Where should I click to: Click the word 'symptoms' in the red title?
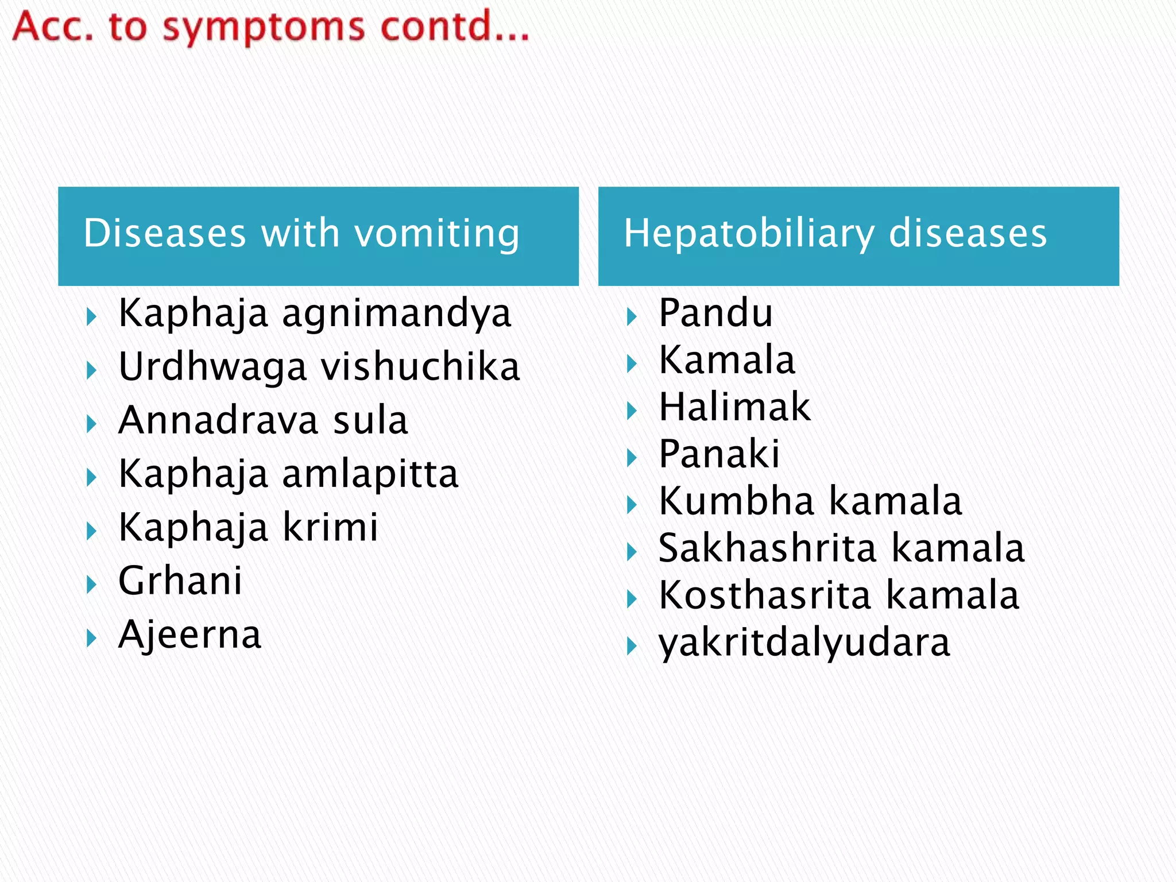click(x=264, y=28)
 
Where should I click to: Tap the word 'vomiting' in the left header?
click(x=437, y=233)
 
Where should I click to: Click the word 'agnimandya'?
click(x=396, y=314)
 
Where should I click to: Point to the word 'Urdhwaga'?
click(x=212, y=367)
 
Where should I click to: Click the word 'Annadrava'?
click(x=218, y=420)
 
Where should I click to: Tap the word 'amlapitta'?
click(x=370, y=474)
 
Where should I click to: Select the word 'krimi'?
click(x=331, y=527)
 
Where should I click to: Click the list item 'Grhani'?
click(x=180, y=581)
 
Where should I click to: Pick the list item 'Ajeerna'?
click(x=190, y=635)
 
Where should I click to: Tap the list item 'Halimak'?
click(x=734, y=407)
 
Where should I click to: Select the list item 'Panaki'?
click(x=719, y=454)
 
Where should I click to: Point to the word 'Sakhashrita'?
click(x=767, y=548)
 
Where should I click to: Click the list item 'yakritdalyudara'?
click(x=804, y=643)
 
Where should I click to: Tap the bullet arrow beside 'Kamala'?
click(x=632, y=363)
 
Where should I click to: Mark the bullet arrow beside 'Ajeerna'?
click(x=91, y=638)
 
